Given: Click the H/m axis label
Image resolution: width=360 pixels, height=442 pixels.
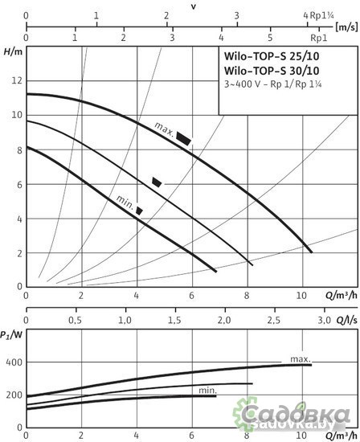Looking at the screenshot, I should [x=11, y=52].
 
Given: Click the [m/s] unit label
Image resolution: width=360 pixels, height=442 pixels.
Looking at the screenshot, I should [x=347, y=27].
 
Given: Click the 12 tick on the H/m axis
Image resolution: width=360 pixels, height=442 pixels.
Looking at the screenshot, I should [x=16, y=81].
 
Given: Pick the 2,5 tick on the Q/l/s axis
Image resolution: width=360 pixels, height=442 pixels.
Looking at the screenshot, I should [x=272, y=320].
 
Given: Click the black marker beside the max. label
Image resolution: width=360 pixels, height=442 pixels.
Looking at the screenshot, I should [x=184, y=138].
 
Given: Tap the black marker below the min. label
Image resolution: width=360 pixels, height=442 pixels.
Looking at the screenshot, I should [x=140, y=211].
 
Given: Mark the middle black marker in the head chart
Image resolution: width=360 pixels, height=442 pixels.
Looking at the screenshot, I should [x=157, y=182].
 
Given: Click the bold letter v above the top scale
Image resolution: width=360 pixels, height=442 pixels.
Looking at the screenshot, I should [x=194, y=5].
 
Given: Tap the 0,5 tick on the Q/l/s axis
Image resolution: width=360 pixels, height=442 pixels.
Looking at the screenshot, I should [x=75, y=320].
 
